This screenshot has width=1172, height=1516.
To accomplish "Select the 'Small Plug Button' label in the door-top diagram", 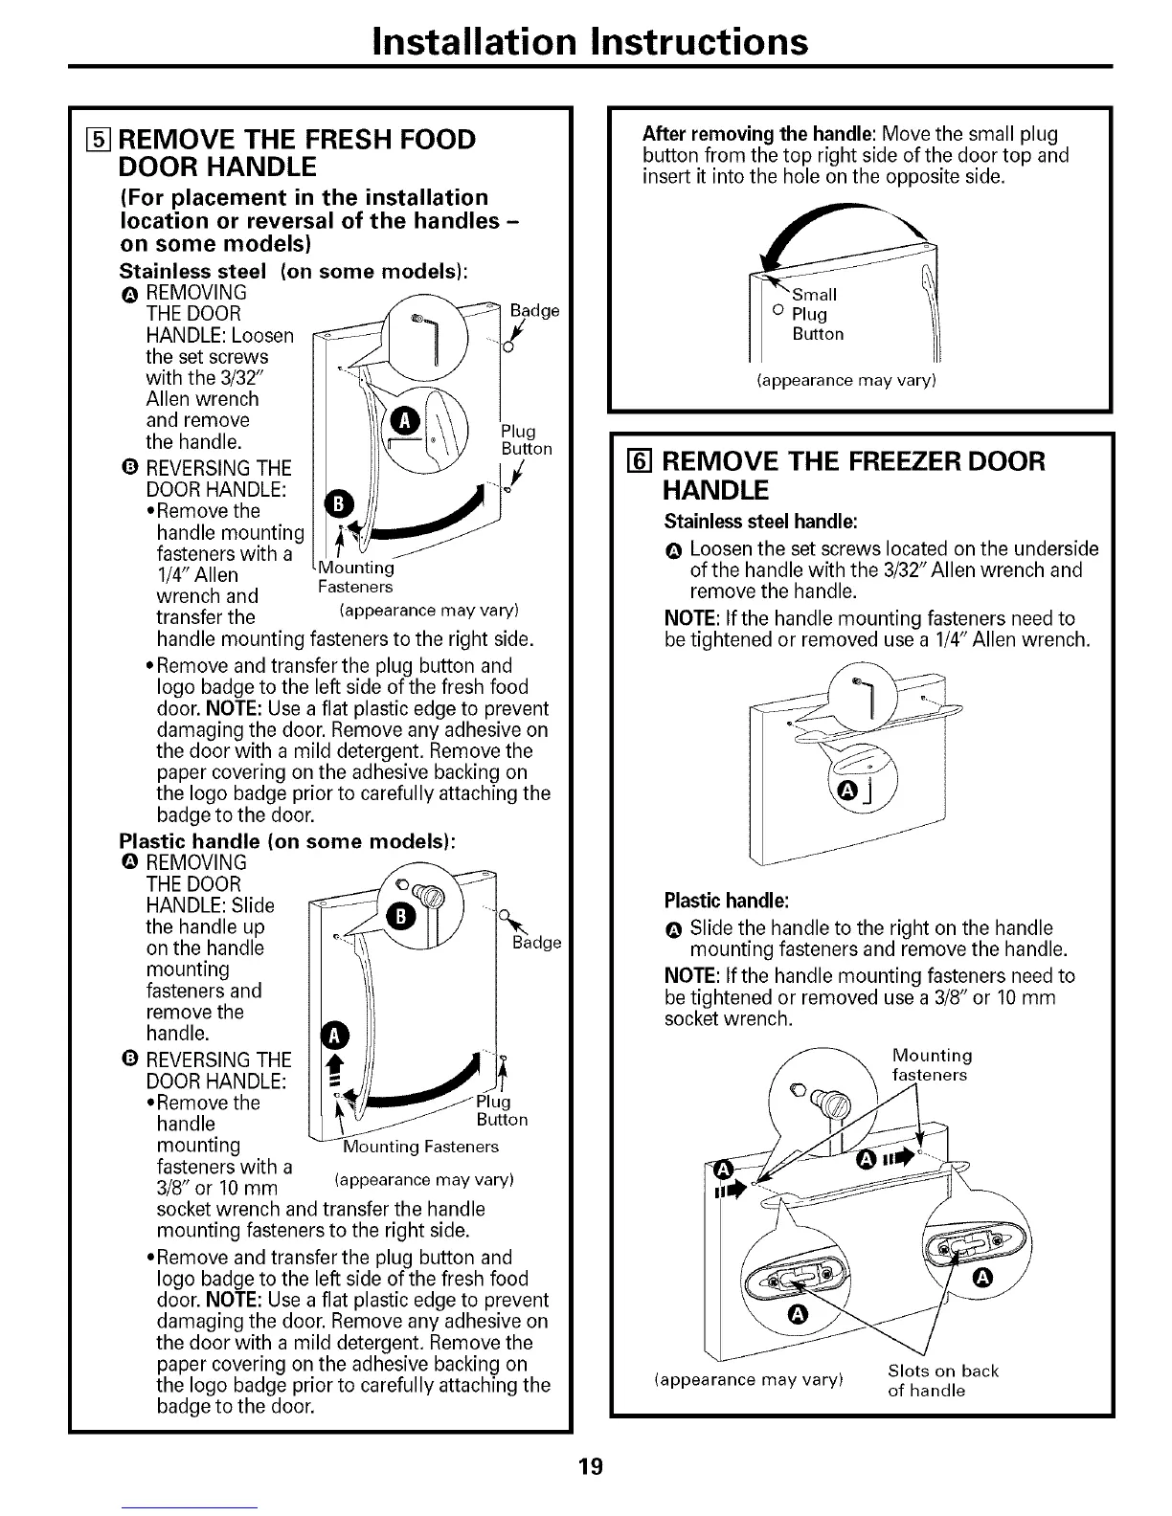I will click(817, 314).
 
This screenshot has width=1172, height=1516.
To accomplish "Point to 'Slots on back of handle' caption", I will click(942, 1380).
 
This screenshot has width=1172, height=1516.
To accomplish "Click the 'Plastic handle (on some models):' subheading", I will click(286, 841).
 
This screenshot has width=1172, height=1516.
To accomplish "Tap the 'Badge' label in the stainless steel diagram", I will click(534, 311).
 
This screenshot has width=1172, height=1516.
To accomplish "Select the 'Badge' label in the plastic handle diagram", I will click(536, 943).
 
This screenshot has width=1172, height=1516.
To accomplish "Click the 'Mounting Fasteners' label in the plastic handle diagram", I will click(421, 1147).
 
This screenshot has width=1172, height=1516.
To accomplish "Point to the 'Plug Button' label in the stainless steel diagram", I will click(526, 439).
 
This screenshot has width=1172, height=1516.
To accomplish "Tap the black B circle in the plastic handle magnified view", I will click(398, 916).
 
